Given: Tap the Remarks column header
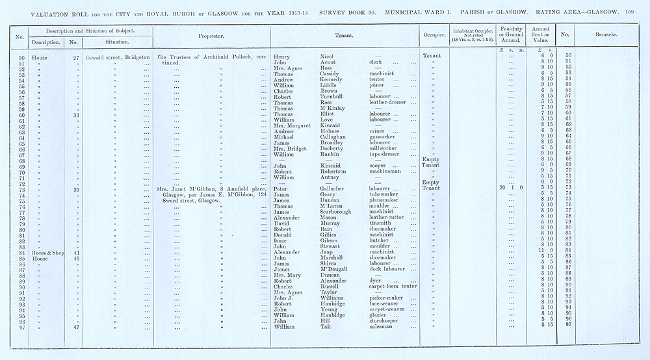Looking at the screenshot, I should click(x=604, y=36).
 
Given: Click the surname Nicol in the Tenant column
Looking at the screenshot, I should click(x=327, y=56).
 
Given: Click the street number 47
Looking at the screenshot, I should click(x=76, y=326).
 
